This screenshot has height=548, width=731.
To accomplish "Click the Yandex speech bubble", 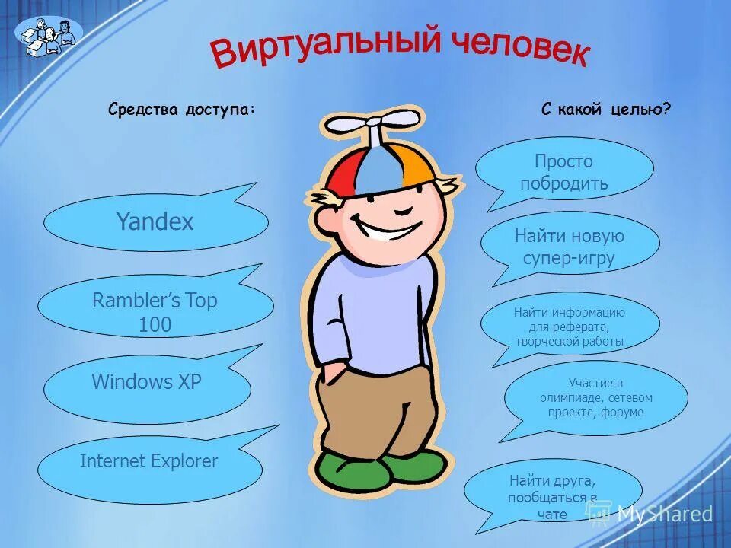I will pyautogui.click(x=155, y=222).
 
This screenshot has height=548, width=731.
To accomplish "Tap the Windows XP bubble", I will pyautogui.click(x=147, y=383).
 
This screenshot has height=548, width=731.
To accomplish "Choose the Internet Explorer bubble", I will pyautogui.click(x=149, y=461).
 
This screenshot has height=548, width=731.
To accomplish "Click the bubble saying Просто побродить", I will pyautogui.click(x=564, y=172).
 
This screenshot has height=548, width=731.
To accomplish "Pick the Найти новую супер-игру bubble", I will pyautogui.click(x=570, y=247).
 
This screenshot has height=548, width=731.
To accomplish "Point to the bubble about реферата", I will pyautogui.click(x=569, y=327).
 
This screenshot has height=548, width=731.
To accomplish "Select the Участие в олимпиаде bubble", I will pyautogui.click(x=595, y=397).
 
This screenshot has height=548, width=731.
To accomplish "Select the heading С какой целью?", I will pyautogui.click(x=606, y=110).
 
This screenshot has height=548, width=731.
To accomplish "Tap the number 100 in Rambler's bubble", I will pyautogui.click(x=155, y=325).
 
